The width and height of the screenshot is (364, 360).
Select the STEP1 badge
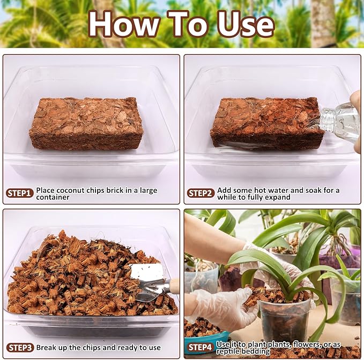tap(20, 193)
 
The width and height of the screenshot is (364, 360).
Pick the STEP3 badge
tap(20, 348)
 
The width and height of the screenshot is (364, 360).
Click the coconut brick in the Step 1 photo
tap(86, 123)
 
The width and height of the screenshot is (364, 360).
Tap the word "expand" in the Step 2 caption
tap(277, 197)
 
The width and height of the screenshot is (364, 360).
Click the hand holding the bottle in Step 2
tap(356, 121)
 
